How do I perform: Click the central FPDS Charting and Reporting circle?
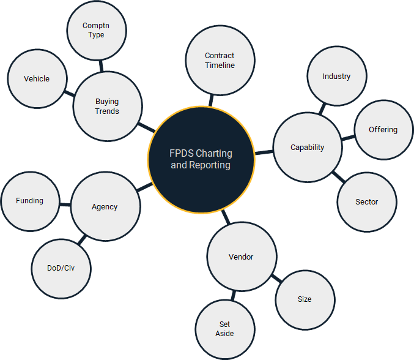tap(201, 159)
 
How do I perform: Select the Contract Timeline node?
tap(220, 61)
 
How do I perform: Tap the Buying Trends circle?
tap(107, 107)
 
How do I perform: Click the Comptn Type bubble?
tap(96, 31)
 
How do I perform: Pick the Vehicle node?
tap(37, 79)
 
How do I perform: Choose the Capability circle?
tap(307, 148)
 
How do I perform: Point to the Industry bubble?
tap(336, 77)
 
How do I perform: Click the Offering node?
tap(383, 130)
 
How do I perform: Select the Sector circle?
tap(366, 201)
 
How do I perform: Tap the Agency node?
tap(105, 207)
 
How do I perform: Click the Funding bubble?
tap(30, 201)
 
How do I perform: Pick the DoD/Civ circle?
tap(61, 268)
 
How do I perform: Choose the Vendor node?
tap(241, 257)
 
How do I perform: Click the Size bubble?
tap(305, 299)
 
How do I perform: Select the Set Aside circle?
tap(224, 329)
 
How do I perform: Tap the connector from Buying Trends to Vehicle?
tap(69, 94)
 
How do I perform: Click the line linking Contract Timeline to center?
tap(212, 99)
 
